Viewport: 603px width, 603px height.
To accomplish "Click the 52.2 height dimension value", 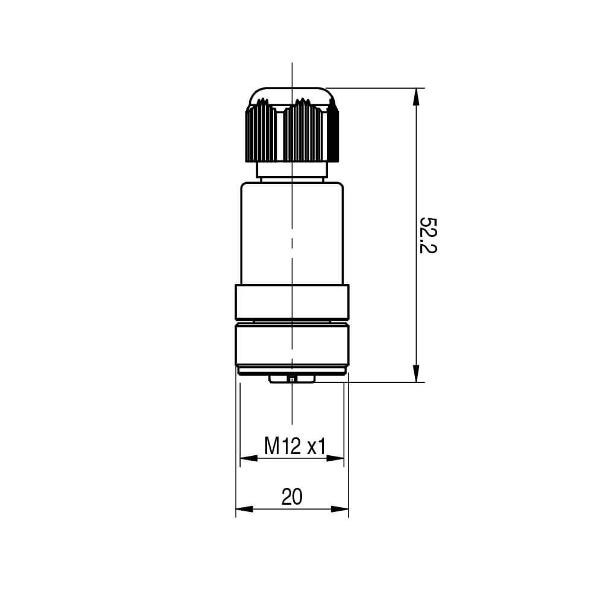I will (x=428, y=235).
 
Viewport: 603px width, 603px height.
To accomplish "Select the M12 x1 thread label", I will (x=295, y=447).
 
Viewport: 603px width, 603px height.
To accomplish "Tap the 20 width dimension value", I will (x=292, y=496).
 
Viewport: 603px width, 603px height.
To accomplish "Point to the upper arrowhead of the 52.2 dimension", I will (x=416, y=96).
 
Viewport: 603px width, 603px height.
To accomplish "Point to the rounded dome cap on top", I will (x=292, y=94).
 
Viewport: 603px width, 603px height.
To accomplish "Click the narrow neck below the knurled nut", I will (x=292, y=171).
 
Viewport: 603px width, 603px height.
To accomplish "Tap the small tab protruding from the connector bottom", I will (x=292, y=378).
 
